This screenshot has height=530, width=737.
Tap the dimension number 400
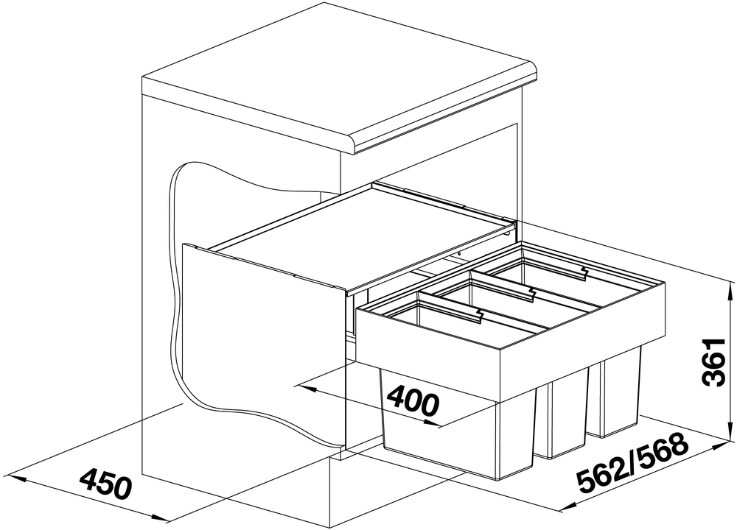pos(413,399)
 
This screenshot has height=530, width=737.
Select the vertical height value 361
pos(714,361)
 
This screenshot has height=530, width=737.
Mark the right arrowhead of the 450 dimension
pos(158,517)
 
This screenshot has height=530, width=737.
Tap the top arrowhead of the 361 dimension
pos(730,293)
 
